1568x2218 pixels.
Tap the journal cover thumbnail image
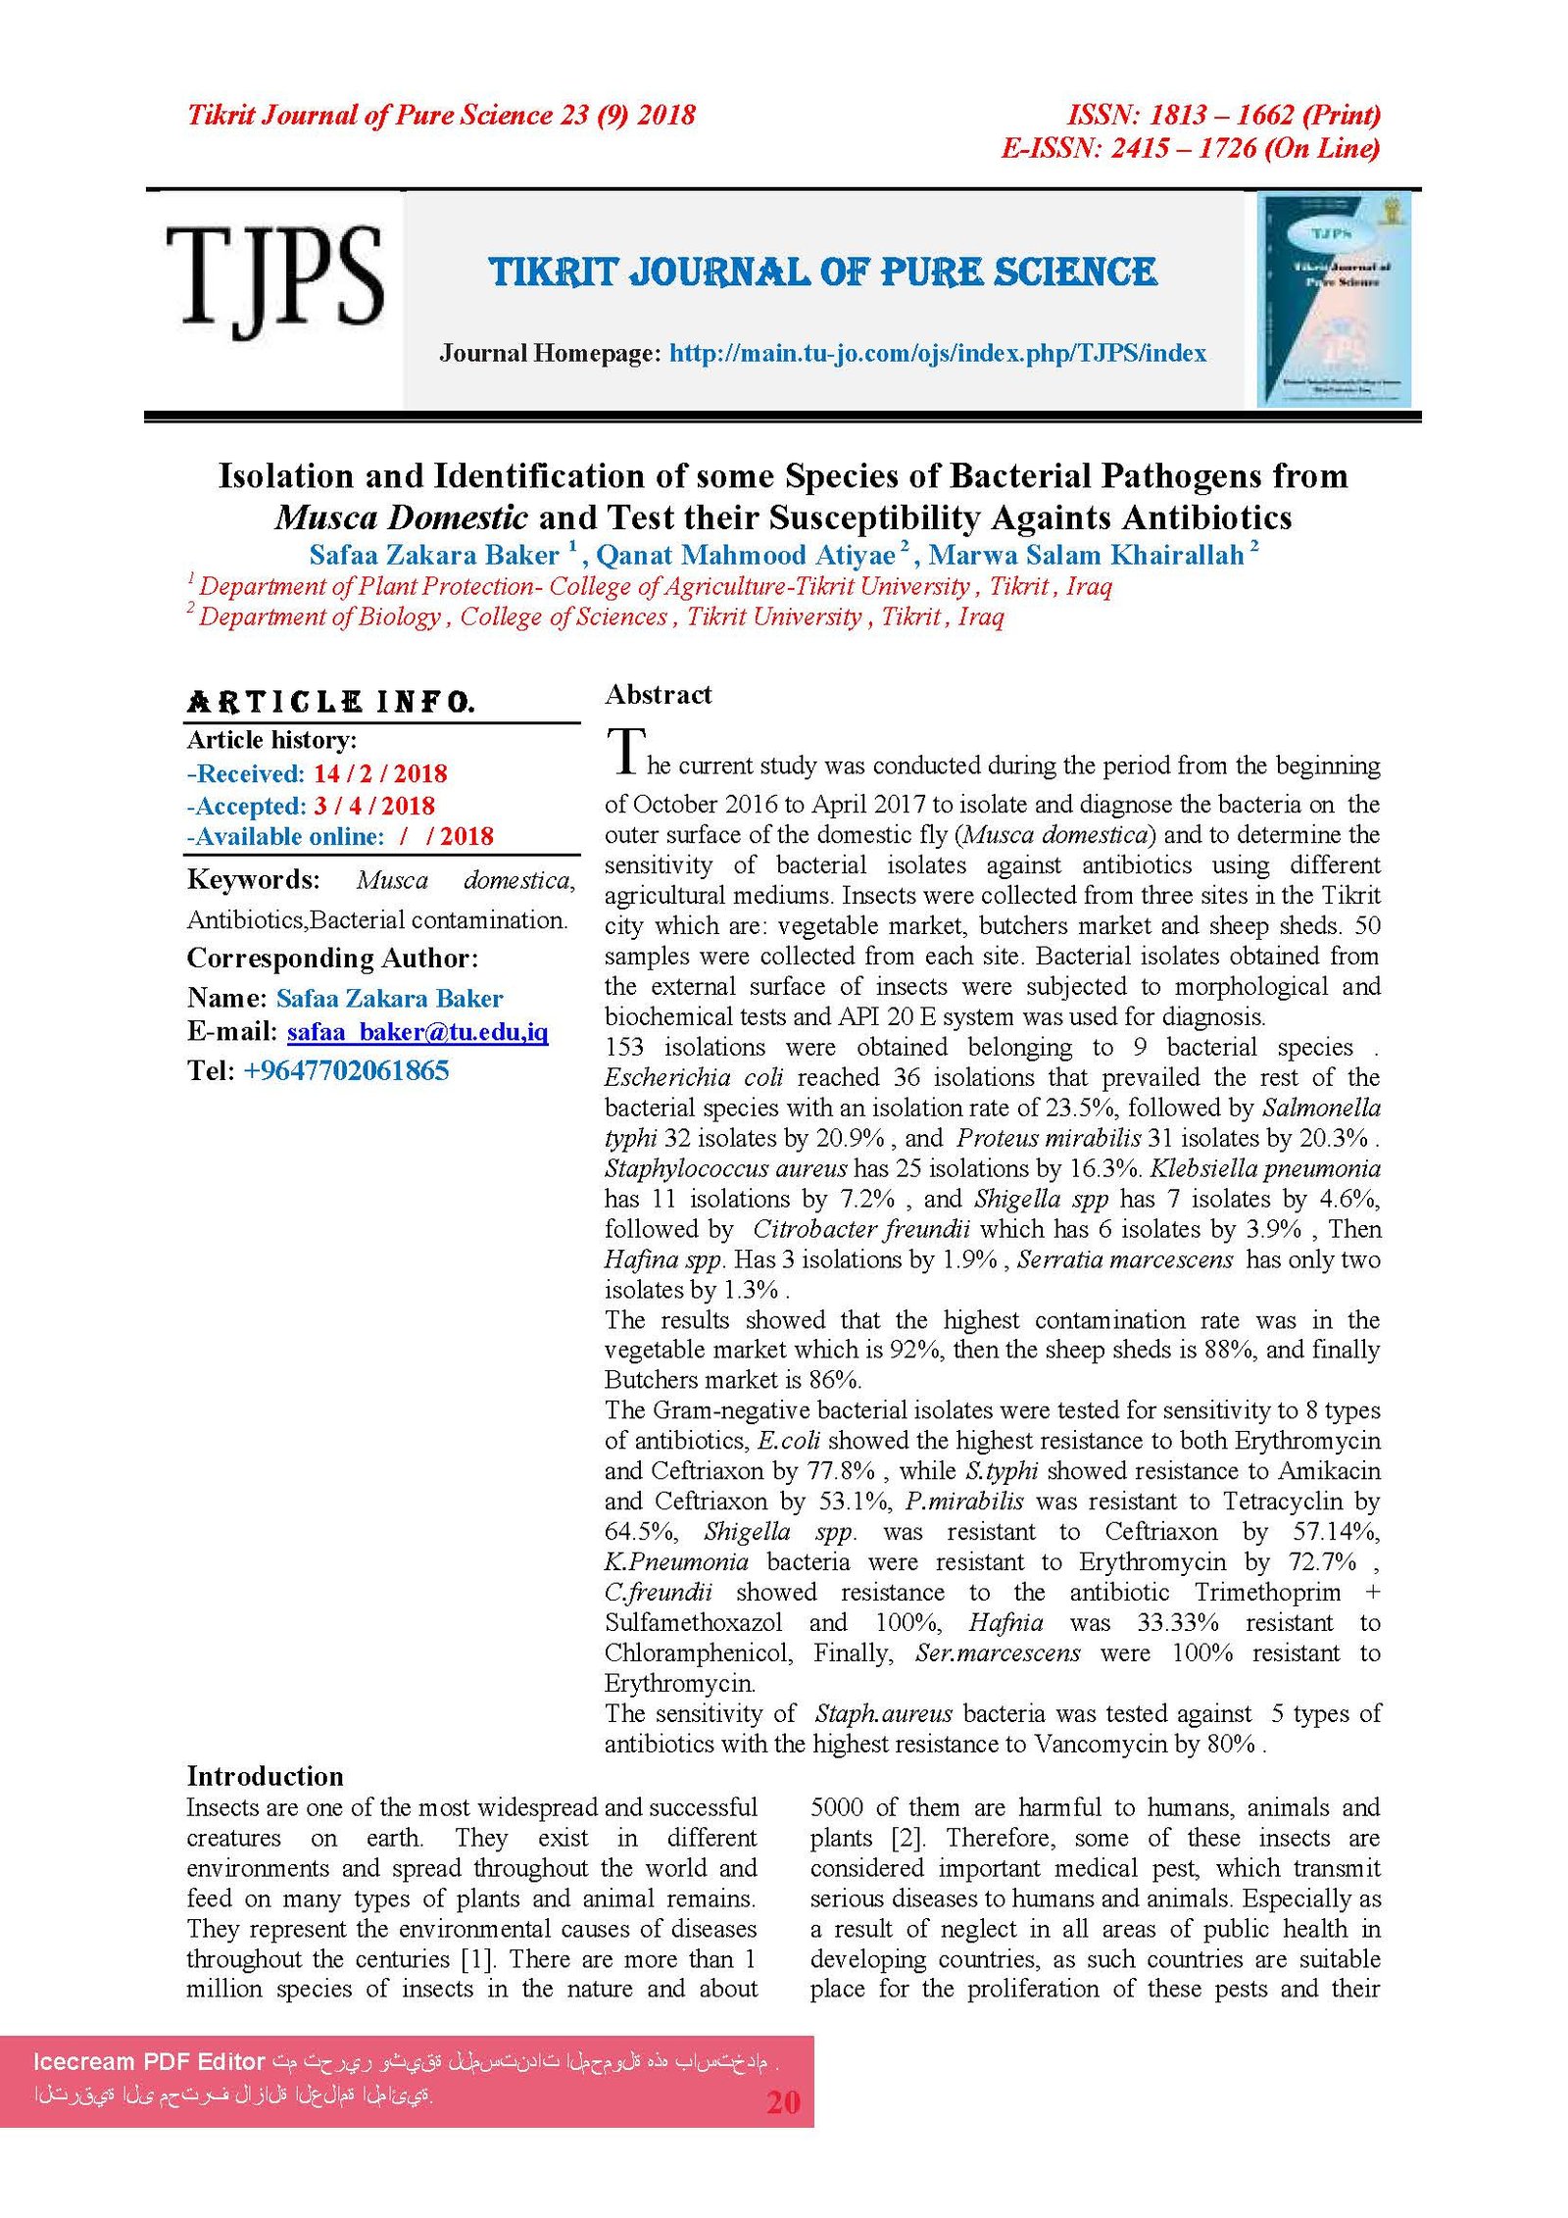pyautogui.click(x=1334, y=299)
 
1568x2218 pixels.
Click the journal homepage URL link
pyautogui.click(x=937, y=353)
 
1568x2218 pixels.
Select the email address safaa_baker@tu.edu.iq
pyautogui.click(x=416, y=1032)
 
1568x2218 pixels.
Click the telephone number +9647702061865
pyautogui.click(x=345, y=1070)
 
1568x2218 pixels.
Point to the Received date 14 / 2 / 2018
pyautogui.click(x=379, y=773)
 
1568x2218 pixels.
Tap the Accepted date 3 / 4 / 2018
pyautogui.click(x=374, y=806)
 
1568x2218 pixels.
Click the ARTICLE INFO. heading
pyautogui.click(x=330, y=702)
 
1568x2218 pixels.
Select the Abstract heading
pyautogui.click(x=658, y=695)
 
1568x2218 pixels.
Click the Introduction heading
pyautogui.click(x=265, y=1776)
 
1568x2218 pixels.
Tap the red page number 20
pyautogui.click(x=783, y=2102)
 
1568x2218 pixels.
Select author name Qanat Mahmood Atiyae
pyautogui.click(x=745, y=556)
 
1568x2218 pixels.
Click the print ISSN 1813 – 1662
pyautogui.click(x=1223, y=116)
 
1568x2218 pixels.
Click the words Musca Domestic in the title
pyautogui.click(x=401, y=517)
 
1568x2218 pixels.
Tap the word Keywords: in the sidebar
pyautogui.click(x=253, y=879)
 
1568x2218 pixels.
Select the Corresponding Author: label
pyautogui.click(x=332, y=958)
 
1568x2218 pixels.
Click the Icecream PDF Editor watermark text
pyautogui.click(x=149, y=2061)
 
